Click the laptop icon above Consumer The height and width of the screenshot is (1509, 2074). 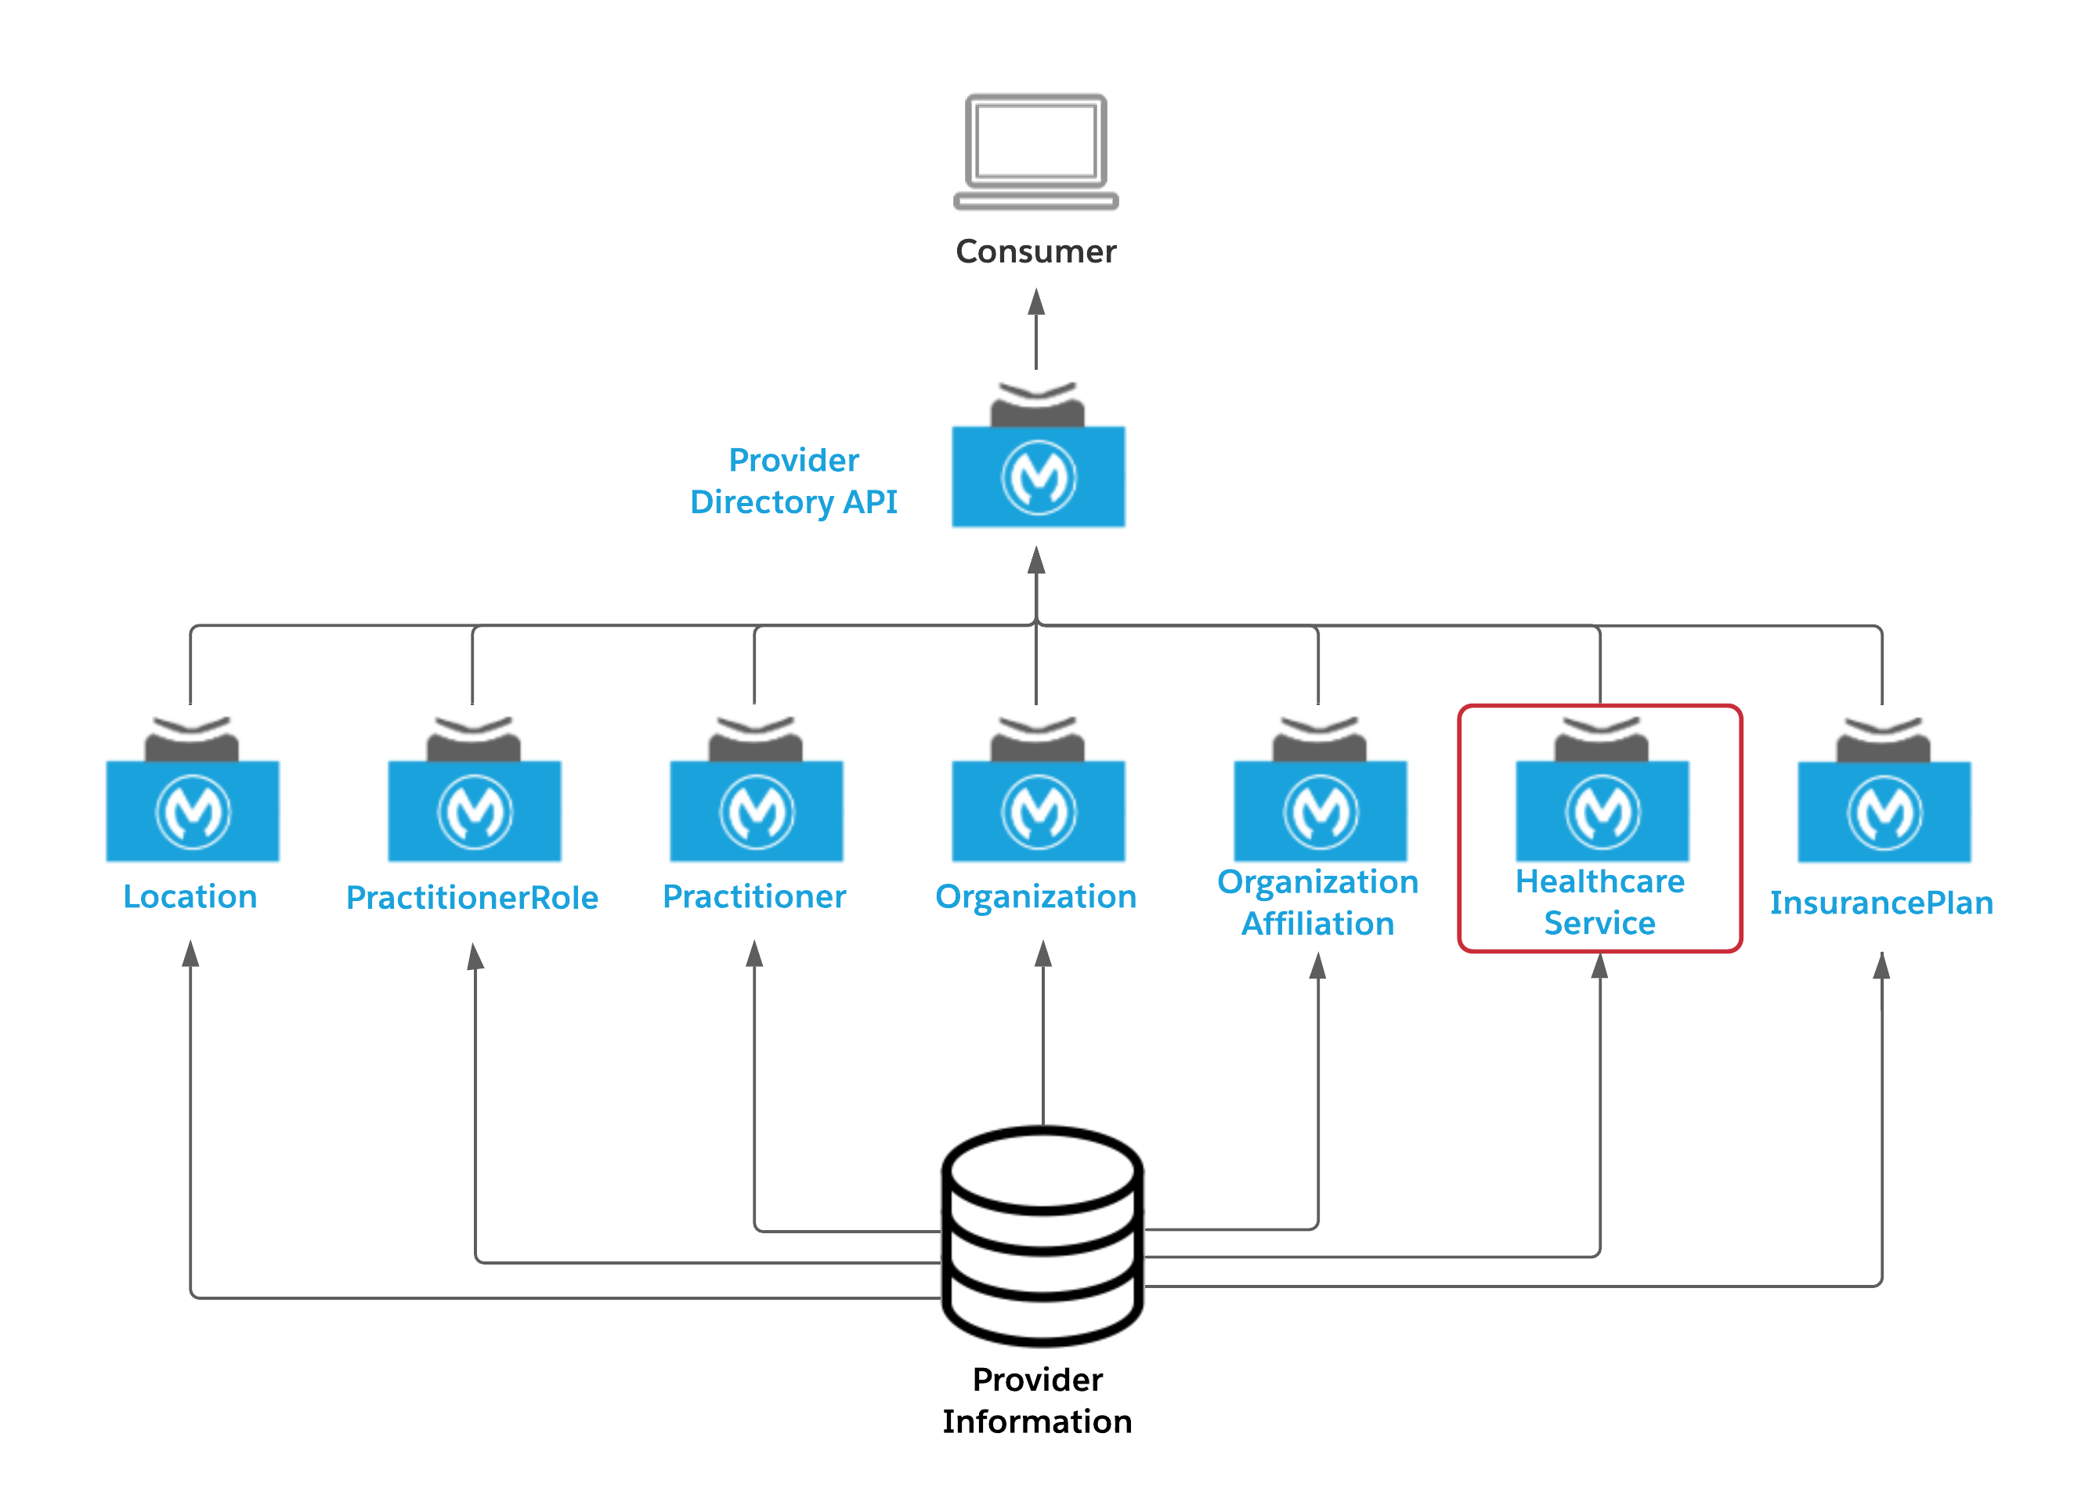click(1035, 151)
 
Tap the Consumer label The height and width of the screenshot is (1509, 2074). click(1035, 251)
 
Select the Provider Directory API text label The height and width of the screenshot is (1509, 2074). click(793, 481)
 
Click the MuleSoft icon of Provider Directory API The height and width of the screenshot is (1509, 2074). click(1038, 476)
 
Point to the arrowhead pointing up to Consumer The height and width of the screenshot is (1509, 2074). click(1036, 302)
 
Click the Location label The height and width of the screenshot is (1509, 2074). click(190, 896)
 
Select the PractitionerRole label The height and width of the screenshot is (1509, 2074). click(472, 897)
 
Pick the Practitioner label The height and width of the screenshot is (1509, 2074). click(753, 896)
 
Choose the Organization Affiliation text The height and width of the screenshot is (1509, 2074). click(1317, 902)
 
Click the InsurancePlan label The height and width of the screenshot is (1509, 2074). click(1881, 903)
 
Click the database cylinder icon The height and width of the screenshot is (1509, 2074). click(1042, 1235)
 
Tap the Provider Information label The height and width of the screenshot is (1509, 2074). click(1037, 1400)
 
